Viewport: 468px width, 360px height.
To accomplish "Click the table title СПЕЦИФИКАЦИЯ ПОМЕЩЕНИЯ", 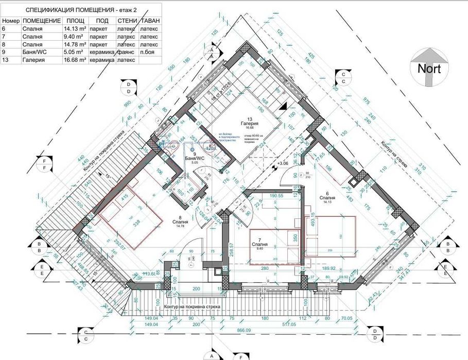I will (x=70, y=9).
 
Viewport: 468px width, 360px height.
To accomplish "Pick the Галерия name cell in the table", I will (x=34, y=60).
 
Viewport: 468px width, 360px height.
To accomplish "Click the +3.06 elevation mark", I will (x=283, y=164).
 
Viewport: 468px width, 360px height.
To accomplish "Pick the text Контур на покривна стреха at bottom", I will (x=192, y=307).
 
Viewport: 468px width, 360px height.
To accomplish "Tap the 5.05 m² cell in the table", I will (x=73, y=52).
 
